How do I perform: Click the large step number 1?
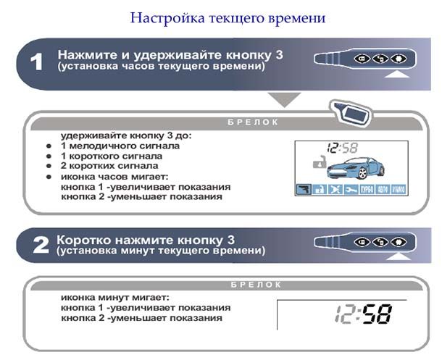(x=37, y=62)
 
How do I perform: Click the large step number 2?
(x=41, y=246)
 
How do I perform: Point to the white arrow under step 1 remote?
(x=397, y=74)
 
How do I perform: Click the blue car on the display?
(x=355, y=168)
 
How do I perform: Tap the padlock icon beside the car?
(x=320, y=162)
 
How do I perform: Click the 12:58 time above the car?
(x=343, y=148)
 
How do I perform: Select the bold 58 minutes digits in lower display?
(x=377, y=314)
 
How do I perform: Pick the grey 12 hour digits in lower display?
(x=344, y=314)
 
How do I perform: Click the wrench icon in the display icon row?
(x=351, y=189)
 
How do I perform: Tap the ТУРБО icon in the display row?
(x=367, y=189)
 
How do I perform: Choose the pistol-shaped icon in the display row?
(x=304, y=189)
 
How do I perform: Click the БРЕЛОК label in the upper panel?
(x=253, y=122)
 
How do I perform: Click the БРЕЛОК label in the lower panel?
(x=256, y=285)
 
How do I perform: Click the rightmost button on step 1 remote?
(x=398, y=59)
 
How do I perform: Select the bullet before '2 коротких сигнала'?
(x=49, y=166)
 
